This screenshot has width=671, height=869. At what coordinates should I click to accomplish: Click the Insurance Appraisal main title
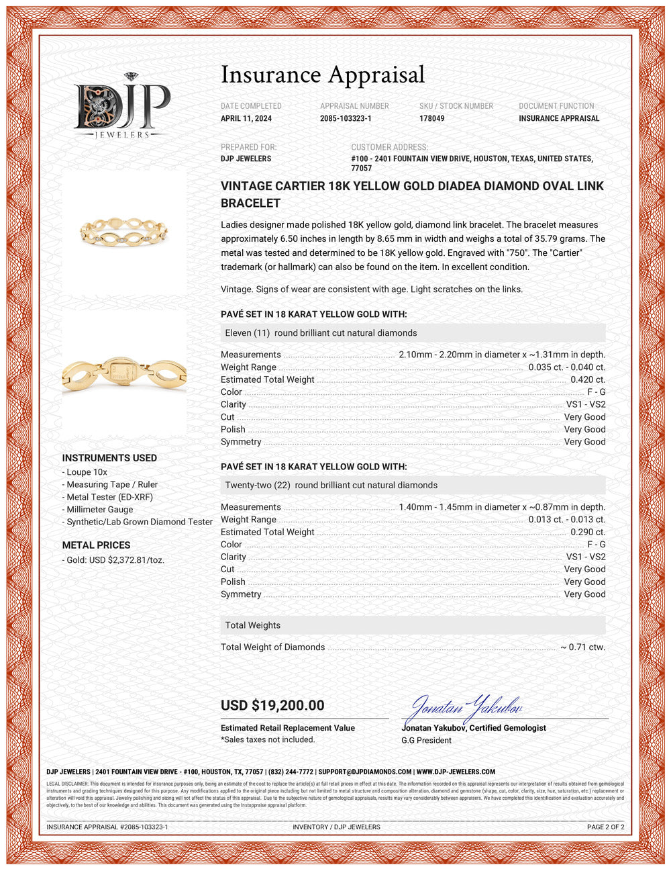click(x=323, y=75)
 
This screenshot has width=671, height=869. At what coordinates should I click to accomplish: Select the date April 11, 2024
click(x=246, y=118)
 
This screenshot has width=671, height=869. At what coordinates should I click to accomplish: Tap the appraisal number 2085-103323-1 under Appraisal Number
click(x=346, y=118)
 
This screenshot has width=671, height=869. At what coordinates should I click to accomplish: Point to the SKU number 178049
click(x=431, y=118)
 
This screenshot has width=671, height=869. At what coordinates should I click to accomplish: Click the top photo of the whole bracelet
click(x=125, y=232)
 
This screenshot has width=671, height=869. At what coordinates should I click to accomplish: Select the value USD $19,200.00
click(x=272, y=705)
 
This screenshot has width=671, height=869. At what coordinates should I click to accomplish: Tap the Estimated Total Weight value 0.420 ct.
click(x=587, y=379)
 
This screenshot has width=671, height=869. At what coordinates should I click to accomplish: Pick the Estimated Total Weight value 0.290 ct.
click(x=587, y=532)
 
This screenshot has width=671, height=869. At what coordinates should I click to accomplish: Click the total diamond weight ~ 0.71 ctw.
click(x=582, y=647)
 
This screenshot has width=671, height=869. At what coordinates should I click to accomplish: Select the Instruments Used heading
click(x=109, y=458)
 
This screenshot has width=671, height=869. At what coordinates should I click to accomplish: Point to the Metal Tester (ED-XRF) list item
click(x=109, y=497)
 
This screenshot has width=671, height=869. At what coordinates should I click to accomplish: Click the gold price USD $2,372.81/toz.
click(x=115, y=560)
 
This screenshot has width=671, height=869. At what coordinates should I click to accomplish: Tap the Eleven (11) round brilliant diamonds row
click(x=413, y=333)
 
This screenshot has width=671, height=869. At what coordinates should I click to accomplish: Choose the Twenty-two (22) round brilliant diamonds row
click(x=413, y=485)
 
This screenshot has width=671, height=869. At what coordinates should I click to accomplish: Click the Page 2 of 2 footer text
click(x=605, y=827)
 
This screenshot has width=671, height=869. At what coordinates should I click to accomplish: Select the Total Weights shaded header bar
click(x=413, y=625)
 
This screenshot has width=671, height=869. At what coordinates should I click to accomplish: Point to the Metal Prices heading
click(x=96, y=545)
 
